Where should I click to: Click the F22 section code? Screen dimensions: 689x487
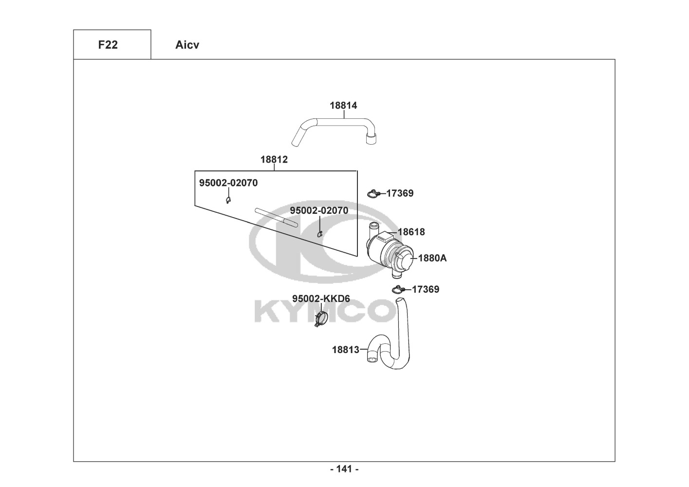pyautogui.click(x=108, y=45)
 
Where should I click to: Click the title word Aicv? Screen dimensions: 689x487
pyautogui.click(x=187, y=45)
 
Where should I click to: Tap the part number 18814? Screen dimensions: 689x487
pyautogui.click(x=343, y=105)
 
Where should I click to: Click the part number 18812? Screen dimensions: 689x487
pyautogui.click(x=274, y=159)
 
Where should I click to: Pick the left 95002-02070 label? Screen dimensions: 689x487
pyautogui.click(x=228, y=183)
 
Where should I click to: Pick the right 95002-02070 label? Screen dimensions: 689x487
pyautogui.click(x=319, y=210)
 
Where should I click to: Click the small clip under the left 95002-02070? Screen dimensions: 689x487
pyautogui.click(x=228, y=200)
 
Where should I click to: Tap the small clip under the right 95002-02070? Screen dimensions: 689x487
pyautogui.click(x=320, y=234)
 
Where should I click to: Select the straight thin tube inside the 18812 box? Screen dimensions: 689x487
pyautogui.click(x=276, y=217)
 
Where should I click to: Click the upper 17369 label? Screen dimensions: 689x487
pyautogui.click(x=400, y=193)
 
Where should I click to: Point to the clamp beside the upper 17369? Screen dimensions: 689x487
pyautogui.click(x=373, y=194)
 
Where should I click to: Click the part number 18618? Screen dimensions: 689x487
pyautogui.click(x=411, y=232)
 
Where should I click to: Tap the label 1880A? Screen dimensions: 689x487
pyautogui.click(x=432, y=258)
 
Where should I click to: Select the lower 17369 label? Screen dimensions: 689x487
pyautogui.click(x=425, y=289)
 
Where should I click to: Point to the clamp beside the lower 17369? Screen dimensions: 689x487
pyautogui.click(x=398, y=290)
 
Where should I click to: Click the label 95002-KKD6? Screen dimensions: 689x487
pyautogui.click(x=321, y=299)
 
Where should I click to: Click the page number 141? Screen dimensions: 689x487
pyautogui.click(x=344, y=469)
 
